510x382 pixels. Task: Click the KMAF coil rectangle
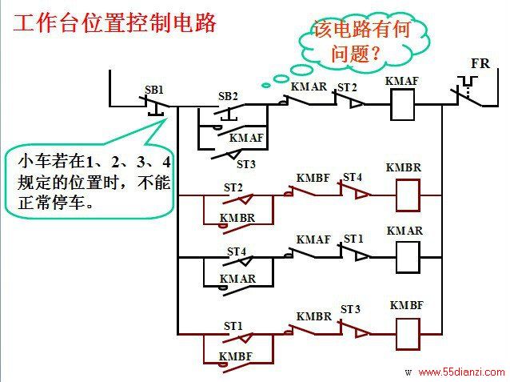(402, 105)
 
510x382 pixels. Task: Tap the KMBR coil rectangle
(408, 195)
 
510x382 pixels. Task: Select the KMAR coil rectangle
(408, 257)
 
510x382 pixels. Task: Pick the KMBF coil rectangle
(408, 334)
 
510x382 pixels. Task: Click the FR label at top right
(480, 63)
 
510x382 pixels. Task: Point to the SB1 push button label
(154, 90)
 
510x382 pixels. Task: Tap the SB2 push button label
(228, 96)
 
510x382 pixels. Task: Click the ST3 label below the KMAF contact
(246, 164)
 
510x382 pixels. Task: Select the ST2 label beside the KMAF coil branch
(347, 87)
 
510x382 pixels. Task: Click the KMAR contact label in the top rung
(309, 86)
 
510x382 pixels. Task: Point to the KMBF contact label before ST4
(313, 178)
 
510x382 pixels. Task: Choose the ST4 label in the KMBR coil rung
(353, 177)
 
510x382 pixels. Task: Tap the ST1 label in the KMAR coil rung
(353, 239)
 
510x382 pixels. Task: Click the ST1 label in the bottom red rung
(233, 326)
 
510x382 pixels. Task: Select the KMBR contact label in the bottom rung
(314, 316)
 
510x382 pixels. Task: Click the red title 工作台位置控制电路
(114, 23)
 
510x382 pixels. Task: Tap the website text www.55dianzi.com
(461, 372)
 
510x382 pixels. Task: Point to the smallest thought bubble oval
(266, 86)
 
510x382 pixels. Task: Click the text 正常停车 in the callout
(50, 203)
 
